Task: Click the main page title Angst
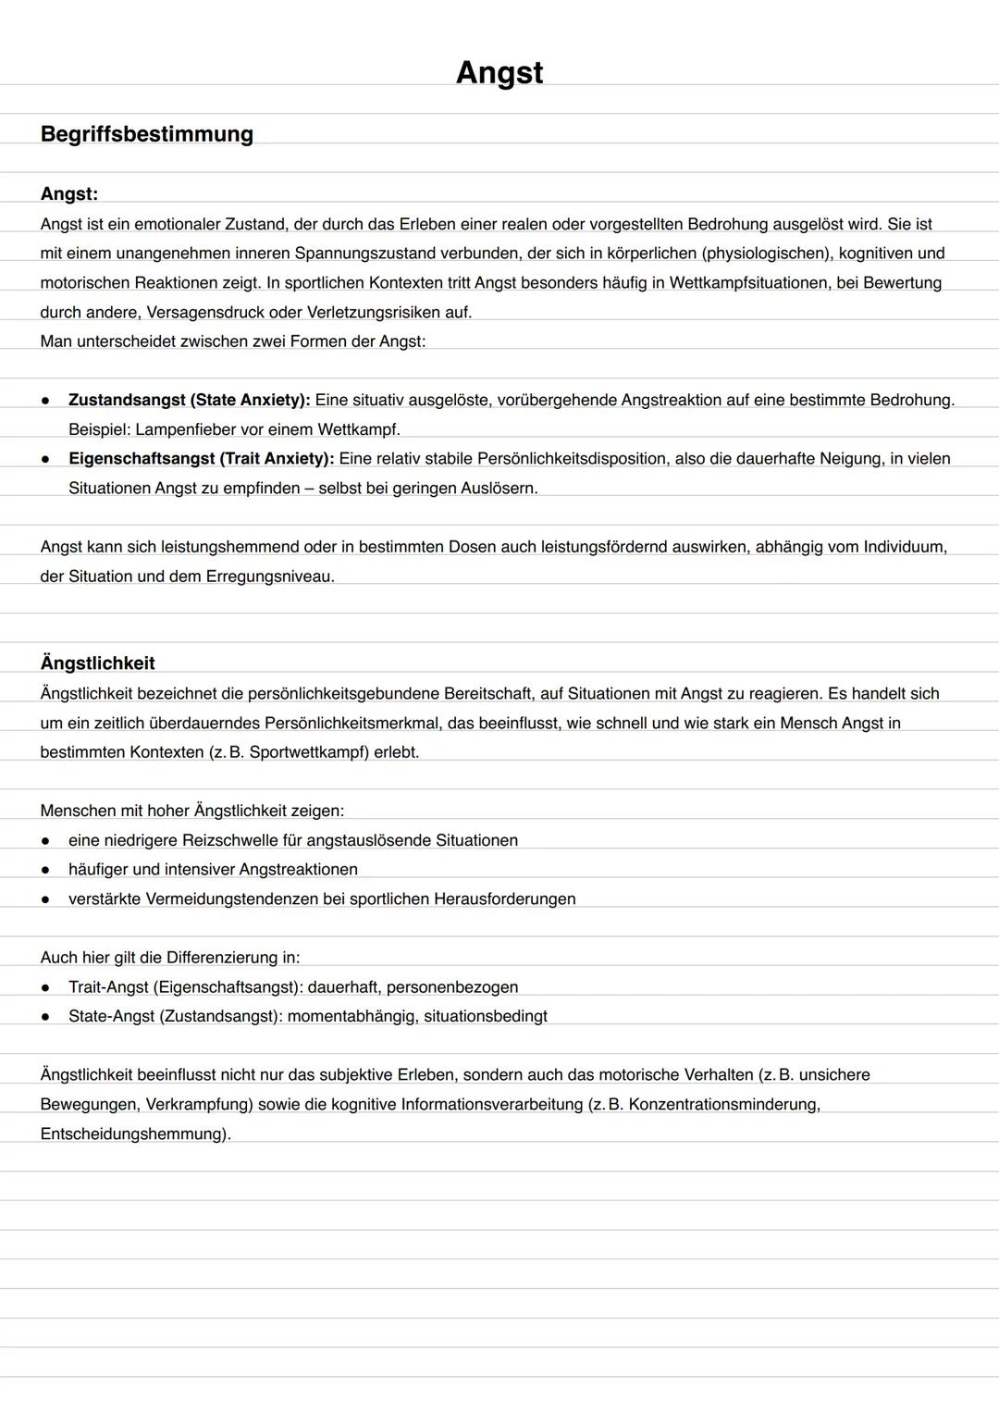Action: click(499, 72)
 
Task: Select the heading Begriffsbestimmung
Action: click(146, 134)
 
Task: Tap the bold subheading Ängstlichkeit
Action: click(97, 663)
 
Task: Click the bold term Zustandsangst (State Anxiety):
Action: click(189, 400)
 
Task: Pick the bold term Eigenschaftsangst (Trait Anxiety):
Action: click(201, 458)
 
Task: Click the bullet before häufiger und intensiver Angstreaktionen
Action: click(45, 870)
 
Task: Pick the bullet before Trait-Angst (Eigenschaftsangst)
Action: click(45, 987)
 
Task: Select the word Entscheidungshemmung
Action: click(132, 1134)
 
